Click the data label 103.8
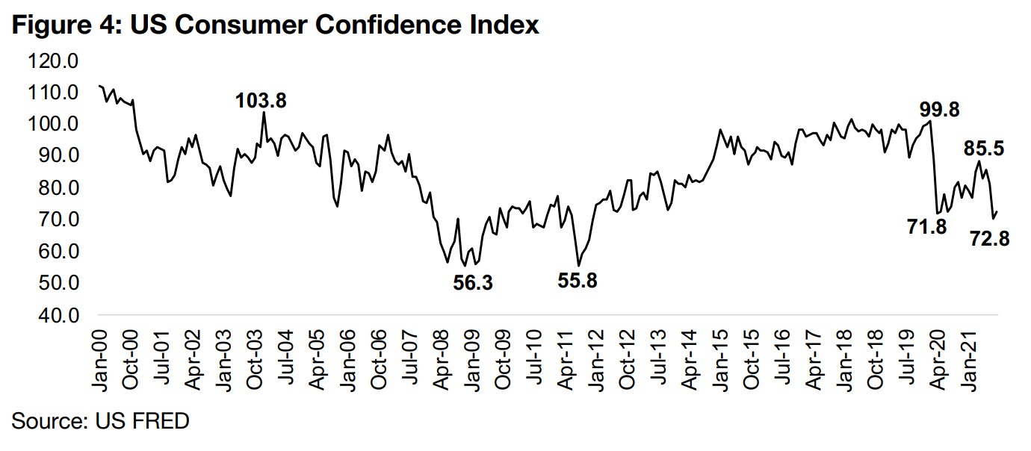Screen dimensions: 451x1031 pyautogui.click(x=261, y=100)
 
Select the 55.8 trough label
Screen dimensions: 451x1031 pyautogui.click(x=578, y=282)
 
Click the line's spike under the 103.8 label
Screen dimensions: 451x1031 pyautogui.click(x=264, y=113)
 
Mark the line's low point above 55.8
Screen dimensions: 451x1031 pyautogui.click(x=578, y=265)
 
